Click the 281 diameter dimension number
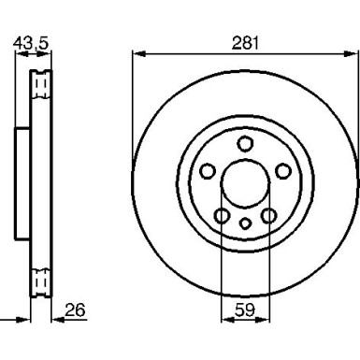tap(245, 42)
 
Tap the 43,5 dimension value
tap(31, 42)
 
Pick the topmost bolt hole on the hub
tap(245, 143)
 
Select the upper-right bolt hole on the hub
tap(281, 171)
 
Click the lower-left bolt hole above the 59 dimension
tap(223, 216)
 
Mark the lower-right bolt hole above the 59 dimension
tap(267, 216)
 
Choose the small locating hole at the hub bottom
tap(245, 223)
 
